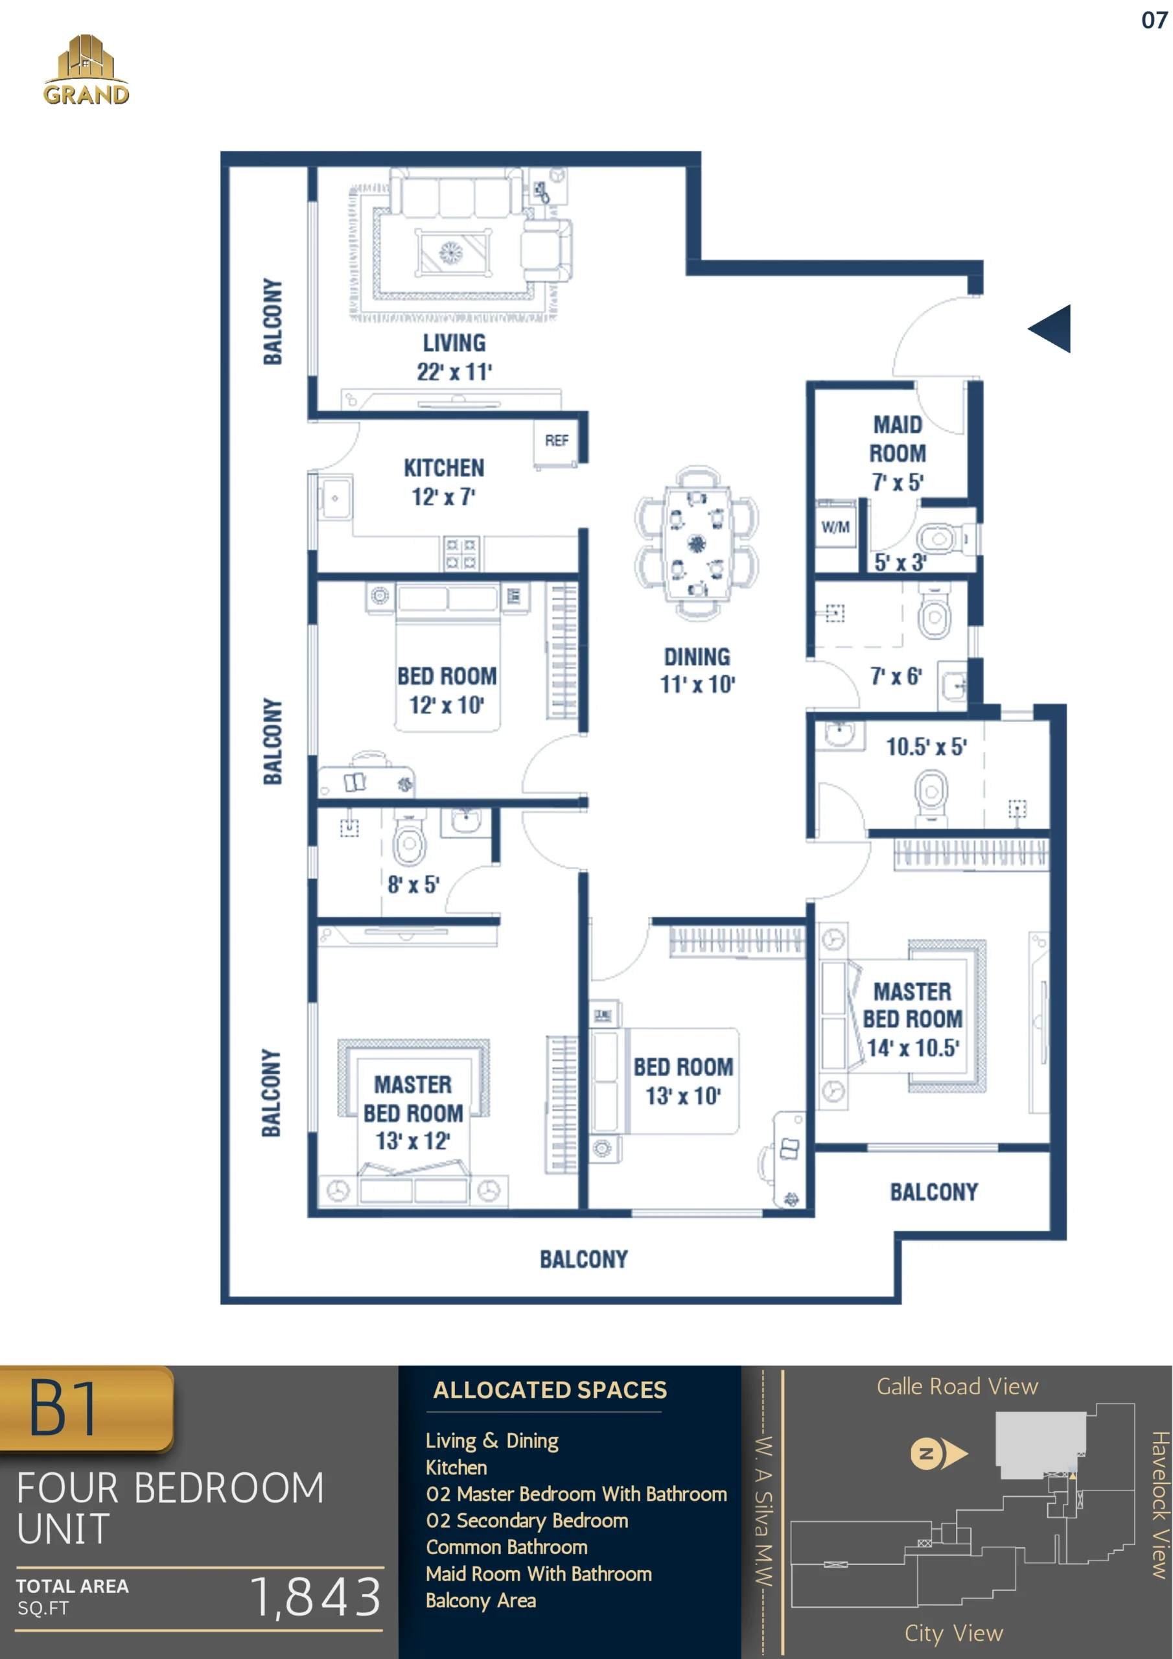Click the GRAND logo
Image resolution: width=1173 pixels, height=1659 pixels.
86,70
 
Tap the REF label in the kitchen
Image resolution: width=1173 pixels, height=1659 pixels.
557,440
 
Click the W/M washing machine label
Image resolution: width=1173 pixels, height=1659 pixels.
835,527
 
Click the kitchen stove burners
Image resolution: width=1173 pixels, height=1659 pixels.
460,553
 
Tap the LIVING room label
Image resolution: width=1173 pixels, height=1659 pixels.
454,343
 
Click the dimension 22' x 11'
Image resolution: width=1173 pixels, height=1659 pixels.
454,371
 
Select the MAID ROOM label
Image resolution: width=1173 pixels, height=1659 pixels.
898,439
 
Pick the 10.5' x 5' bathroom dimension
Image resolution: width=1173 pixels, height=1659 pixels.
927,747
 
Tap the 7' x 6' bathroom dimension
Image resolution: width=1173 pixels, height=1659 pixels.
896,677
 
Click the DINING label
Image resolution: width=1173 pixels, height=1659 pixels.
697,657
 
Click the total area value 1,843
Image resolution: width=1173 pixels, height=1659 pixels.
315,1596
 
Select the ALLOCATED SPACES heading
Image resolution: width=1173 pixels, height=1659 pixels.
550,1389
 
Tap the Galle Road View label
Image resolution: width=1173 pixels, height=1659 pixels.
957,1386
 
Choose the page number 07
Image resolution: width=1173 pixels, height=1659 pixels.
1154,19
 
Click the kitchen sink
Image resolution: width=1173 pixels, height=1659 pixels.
334,498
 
